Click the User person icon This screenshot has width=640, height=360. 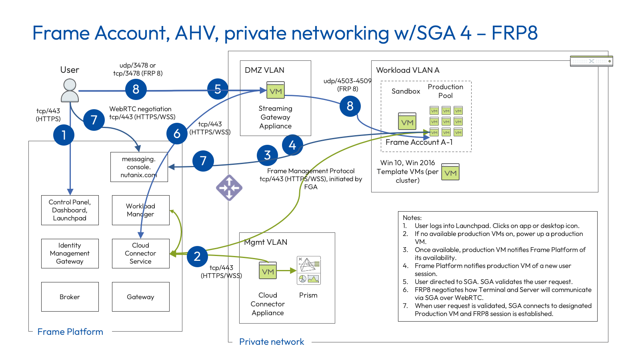tap(70, 90)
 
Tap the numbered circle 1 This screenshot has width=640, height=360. tap(64, 135)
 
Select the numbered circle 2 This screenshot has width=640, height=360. tap(197, 256)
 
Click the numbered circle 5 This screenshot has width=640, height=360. tap(218, 89)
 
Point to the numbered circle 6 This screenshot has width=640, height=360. tap(177, 134)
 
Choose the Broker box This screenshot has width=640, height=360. tap(70, 297)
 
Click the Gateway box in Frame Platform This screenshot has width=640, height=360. tap(140, 297)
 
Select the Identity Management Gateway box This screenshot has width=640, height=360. tap(70, 253)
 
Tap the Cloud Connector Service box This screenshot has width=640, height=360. tap(140, 253)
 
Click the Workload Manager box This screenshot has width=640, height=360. tap(140, 210)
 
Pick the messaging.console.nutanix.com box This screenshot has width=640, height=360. tap(139, 167)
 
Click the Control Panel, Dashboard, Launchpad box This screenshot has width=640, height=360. tap(70, 210)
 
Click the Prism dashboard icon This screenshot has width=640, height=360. tap(308, 270)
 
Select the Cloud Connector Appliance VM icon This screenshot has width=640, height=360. tap(268, 271)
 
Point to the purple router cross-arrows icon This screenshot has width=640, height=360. tap(229, 187)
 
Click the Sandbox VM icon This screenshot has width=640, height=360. tap(407, 121)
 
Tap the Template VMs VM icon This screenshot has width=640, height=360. tap(450, 172)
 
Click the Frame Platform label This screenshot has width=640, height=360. tap(70, 332)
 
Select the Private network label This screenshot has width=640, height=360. tap(271, 342)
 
